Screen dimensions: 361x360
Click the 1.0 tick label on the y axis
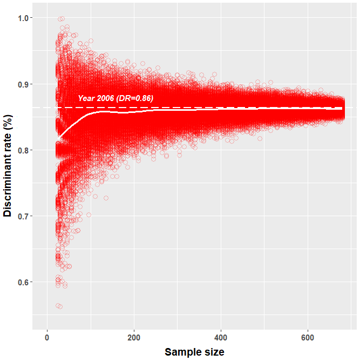pos(23,18)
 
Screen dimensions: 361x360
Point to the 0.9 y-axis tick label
pos(23,84)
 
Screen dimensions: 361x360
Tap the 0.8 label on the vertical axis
pos(23,150)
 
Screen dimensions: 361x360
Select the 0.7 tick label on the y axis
pos(23,216)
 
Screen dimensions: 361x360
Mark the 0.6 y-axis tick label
pos(23,282)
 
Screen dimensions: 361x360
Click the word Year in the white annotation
pos(86,98)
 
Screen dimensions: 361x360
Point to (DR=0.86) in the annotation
pos(135,98)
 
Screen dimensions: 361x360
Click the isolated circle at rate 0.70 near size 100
pos(89,215)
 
